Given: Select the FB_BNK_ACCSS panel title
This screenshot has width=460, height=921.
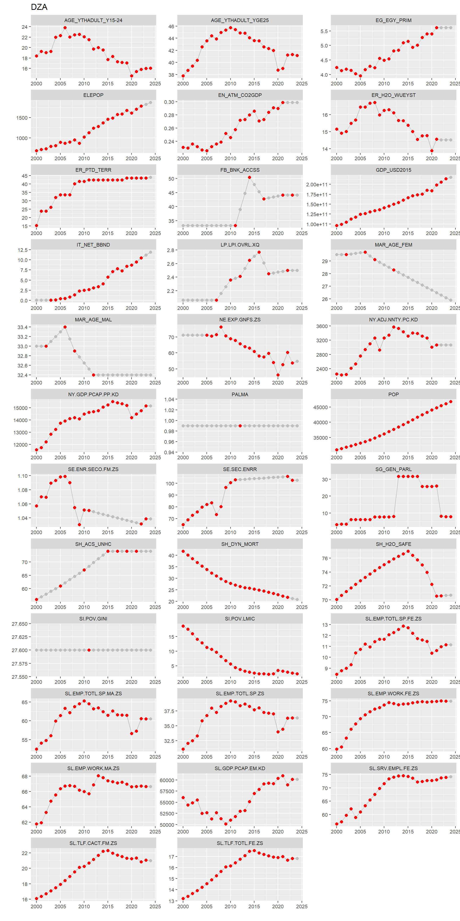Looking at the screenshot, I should click(x=240, y=170).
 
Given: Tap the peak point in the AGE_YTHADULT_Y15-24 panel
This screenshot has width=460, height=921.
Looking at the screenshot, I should click(x=65, y=28).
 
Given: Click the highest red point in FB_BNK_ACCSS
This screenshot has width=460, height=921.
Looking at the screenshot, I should click(x=249, y=177).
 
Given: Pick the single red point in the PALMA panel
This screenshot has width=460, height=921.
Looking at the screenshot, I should click(x=240, y=426).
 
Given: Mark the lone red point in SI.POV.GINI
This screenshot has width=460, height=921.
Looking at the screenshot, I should click(x=89, y=650).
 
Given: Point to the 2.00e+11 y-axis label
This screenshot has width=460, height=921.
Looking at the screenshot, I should click(x=316, y=184).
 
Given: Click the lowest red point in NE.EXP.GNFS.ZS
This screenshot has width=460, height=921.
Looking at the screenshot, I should click(x=278, y=375).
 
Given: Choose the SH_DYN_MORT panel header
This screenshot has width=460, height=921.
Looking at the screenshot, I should click(x=240, y=544).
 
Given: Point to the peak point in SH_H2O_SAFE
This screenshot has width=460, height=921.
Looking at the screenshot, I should click(x=408, y=551).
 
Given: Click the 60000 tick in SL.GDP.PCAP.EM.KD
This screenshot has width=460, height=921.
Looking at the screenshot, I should click(x=167, y=780).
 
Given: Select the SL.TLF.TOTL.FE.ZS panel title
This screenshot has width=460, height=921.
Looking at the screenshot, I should click(x=240, y=843).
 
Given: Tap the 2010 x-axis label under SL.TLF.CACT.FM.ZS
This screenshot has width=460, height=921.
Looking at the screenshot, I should click(x=84, y=906).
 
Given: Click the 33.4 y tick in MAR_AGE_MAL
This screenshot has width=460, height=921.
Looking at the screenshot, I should click(x=23, y=327).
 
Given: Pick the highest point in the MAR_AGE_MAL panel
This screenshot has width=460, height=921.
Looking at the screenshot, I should click(x=65, y=327).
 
